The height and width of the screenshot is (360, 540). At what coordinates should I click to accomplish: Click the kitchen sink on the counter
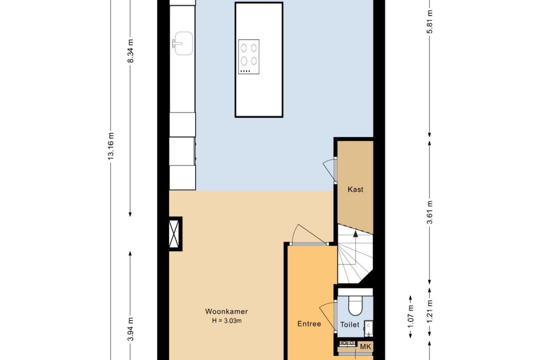point(183,43)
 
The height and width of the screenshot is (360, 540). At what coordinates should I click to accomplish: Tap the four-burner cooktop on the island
point(249,57)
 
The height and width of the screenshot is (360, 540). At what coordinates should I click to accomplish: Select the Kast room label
point(355,190)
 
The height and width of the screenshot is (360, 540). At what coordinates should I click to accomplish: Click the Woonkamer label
point(226,311)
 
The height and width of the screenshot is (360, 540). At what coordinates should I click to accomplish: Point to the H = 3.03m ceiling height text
point(226,321)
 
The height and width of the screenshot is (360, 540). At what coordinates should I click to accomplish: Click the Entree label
point(309,324)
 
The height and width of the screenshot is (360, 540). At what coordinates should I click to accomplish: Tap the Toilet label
point(350,325)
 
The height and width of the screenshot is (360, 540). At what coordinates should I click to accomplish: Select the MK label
point(365,347)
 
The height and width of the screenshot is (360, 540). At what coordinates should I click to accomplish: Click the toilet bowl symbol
point(355,306)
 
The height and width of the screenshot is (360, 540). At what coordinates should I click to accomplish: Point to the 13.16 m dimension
point(111,146)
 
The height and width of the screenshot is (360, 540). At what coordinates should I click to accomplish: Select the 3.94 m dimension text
point(131,329)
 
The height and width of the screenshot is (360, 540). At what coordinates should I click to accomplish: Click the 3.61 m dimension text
point(430,213)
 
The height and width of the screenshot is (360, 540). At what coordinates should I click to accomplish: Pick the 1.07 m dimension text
point(411,317)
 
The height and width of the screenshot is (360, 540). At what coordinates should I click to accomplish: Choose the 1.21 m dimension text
point(430,312)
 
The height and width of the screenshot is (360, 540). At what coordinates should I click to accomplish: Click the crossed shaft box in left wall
point(175,234)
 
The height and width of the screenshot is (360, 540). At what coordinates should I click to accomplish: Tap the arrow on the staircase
point(355,235)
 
